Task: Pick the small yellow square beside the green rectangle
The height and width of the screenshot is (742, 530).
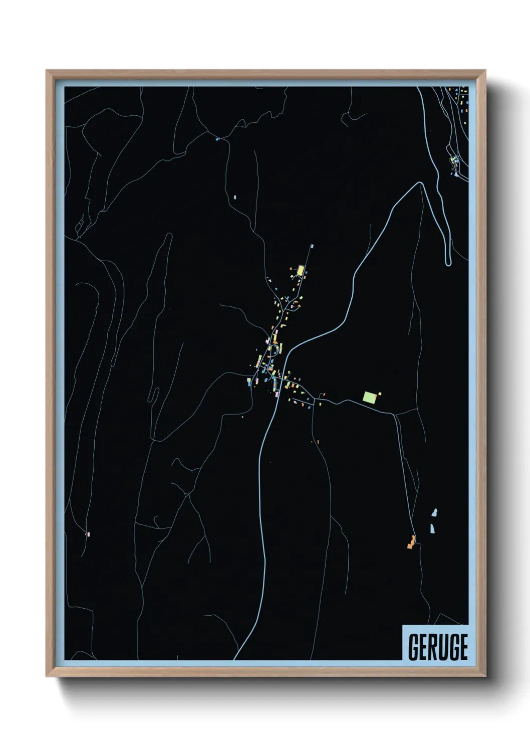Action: [x=380, y=394]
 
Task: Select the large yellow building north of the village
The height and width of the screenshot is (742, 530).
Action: [x=301, y=270]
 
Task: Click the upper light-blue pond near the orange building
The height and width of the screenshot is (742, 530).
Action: [x=434, y=512]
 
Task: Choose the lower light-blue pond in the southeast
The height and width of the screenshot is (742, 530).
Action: [x=432, y=528]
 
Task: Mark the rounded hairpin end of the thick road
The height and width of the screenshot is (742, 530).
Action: [x=448, y=262]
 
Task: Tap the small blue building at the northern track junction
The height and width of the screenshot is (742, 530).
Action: [x=217, y=139]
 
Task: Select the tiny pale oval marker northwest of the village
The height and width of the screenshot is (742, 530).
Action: [x=234, y=197]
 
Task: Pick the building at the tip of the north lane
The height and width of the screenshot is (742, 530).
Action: [x=312, y=246]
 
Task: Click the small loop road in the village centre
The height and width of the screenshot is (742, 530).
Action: [x=274, y=349]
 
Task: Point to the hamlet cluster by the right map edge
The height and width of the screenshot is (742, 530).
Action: [x=455, y=160]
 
